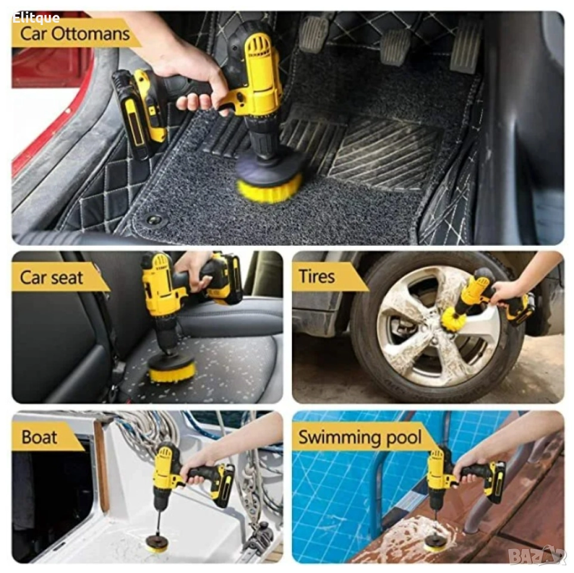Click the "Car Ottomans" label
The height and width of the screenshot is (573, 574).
point(75,34)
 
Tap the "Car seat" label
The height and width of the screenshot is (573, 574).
point(52,278)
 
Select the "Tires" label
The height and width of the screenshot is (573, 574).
point(317,276)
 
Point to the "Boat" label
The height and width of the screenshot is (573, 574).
point(39,437)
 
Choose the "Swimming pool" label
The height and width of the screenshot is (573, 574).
point(360,437)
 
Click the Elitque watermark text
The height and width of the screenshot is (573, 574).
point(36,17)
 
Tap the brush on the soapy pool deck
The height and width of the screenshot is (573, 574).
point(436,543)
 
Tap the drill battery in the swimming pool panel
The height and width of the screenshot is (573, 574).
point(495,482)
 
